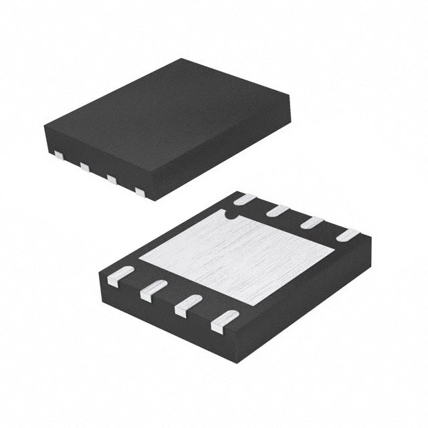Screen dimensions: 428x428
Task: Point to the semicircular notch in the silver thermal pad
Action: pos(229,215)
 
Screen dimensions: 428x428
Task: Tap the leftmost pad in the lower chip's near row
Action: pos(120,275)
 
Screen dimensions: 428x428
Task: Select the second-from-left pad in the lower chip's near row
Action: pos(152,290)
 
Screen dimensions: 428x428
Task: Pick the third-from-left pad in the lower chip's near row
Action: pos(188,306)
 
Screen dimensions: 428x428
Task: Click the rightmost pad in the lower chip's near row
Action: pos(225,322)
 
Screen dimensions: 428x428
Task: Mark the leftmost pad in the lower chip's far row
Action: pos(245,199)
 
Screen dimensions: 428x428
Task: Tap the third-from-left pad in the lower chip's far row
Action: pos(312,223)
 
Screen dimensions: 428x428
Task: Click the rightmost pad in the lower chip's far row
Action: pos(348,235)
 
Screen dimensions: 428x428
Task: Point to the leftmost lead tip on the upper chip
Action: pos(58,155)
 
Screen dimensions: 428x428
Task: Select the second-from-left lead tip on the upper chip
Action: pos(85,167)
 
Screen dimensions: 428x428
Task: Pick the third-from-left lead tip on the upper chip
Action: pos(112,179)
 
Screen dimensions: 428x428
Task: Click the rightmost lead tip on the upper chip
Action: pos(140,193)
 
